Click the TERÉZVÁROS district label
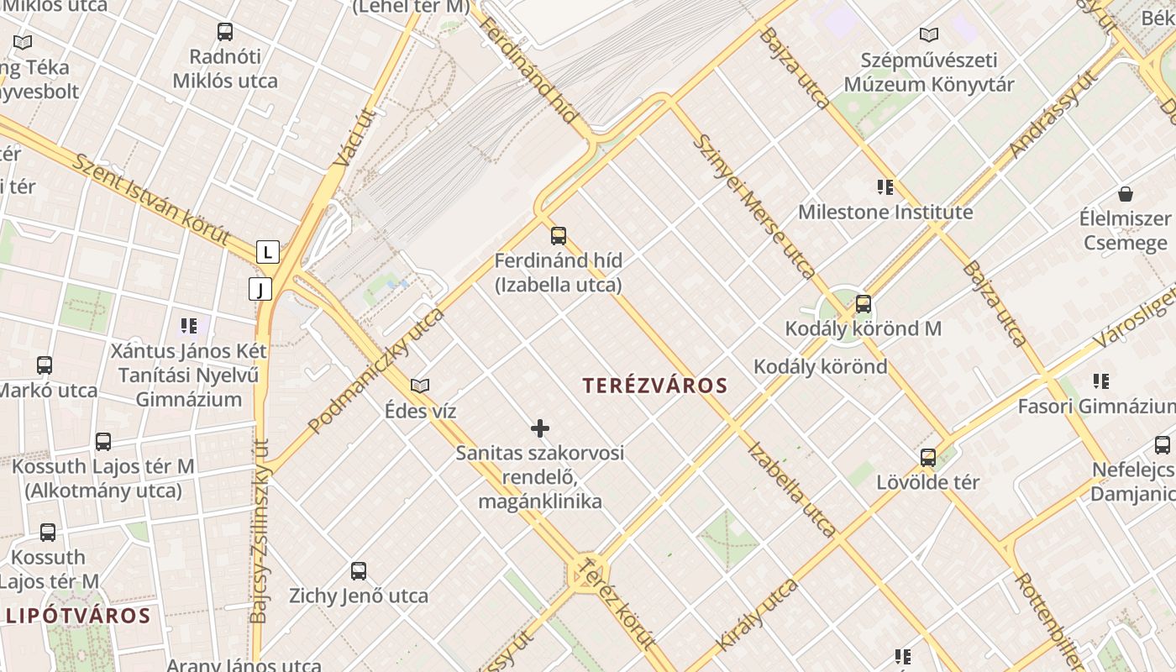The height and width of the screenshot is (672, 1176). point(655,386)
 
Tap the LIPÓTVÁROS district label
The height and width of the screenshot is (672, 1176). point(78,616)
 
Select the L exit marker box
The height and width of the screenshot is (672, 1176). point(267,252)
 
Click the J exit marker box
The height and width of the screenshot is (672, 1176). point(260,290)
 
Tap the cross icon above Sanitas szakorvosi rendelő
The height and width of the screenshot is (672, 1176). point(540,429)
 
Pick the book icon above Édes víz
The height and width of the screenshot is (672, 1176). point(420,386)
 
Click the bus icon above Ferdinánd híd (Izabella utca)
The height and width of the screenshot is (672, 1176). point(559,236)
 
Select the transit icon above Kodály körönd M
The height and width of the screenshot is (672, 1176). point(863,304)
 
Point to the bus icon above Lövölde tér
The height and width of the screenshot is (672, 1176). point(928,458)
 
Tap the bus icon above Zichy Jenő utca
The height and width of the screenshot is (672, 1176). point(359,571)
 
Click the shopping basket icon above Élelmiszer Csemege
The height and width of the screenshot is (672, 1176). point(1126,194)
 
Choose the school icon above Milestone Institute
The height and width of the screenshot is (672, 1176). point(885,186)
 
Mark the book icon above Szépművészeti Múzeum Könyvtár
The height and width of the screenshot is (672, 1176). point(928,35)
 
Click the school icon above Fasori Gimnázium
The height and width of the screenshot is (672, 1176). point(1100,381)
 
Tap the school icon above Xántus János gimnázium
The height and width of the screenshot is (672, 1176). point(188,325)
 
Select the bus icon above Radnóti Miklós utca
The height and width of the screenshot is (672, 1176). point(225,33)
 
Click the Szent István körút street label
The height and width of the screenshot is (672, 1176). point(150,199)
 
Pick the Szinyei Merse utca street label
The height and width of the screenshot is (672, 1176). point(753,206)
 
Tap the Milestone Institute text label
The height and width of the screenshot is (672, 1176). point(885,212)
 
